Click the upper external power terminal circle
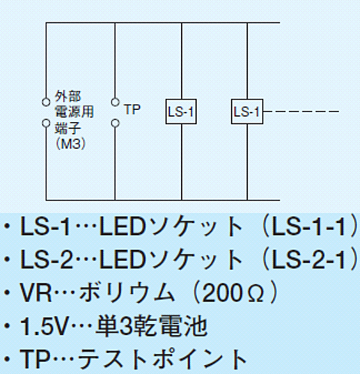[46, 102]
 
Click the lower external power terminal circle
[46, 123]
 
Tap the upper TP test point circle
[115, 102]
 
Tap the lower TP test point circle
[115, 123]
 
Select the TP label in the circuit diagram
[132, 110]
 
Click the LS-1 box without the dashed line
[181, 111]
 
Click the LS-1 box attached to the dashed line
[247, 111]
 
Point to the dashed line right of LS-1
[301, 111]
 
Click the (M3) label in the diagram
[71, 144]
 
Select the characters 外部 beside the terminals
[68, 96]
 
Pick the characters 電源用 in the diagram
[74, 111]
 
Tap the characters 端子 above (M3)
[68, 128]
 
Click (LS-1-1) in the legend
[311, 227]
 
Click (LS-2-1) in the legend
[311, 260]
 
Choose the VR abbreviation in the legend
[36, 292]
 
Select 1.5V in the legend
[44, 326]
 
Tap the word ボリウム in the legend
[126, 292]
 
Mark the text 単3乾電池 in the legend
[151, 326]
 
